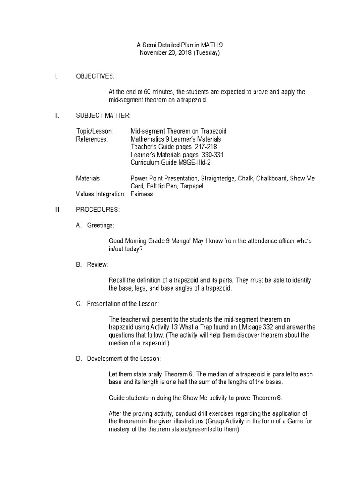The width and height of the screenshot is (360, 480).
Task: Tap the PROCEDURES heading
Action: [x=97, y=210]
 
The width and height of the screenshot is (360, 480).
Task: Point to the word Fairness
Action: [x=142, y=194]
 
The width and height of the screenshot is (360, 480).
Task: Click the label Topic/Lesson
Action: [x=94, y=131]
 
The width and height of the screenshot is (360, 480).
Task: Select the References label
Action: [x=92, y=139]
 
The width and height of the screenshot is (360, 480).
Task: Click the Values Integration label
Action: [x=100, y=194]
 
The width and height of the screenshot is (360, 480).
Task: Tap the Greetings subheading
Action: [x=100, y=225]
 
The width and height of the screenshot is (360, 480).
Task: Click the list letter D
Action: [x=79, y=359]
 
